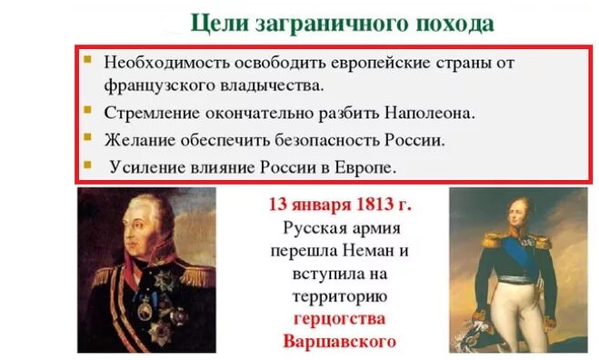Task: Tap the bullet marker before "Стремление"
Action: [x=87, y=111]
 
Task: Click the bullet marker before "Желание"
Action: [x=87, y=137]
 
